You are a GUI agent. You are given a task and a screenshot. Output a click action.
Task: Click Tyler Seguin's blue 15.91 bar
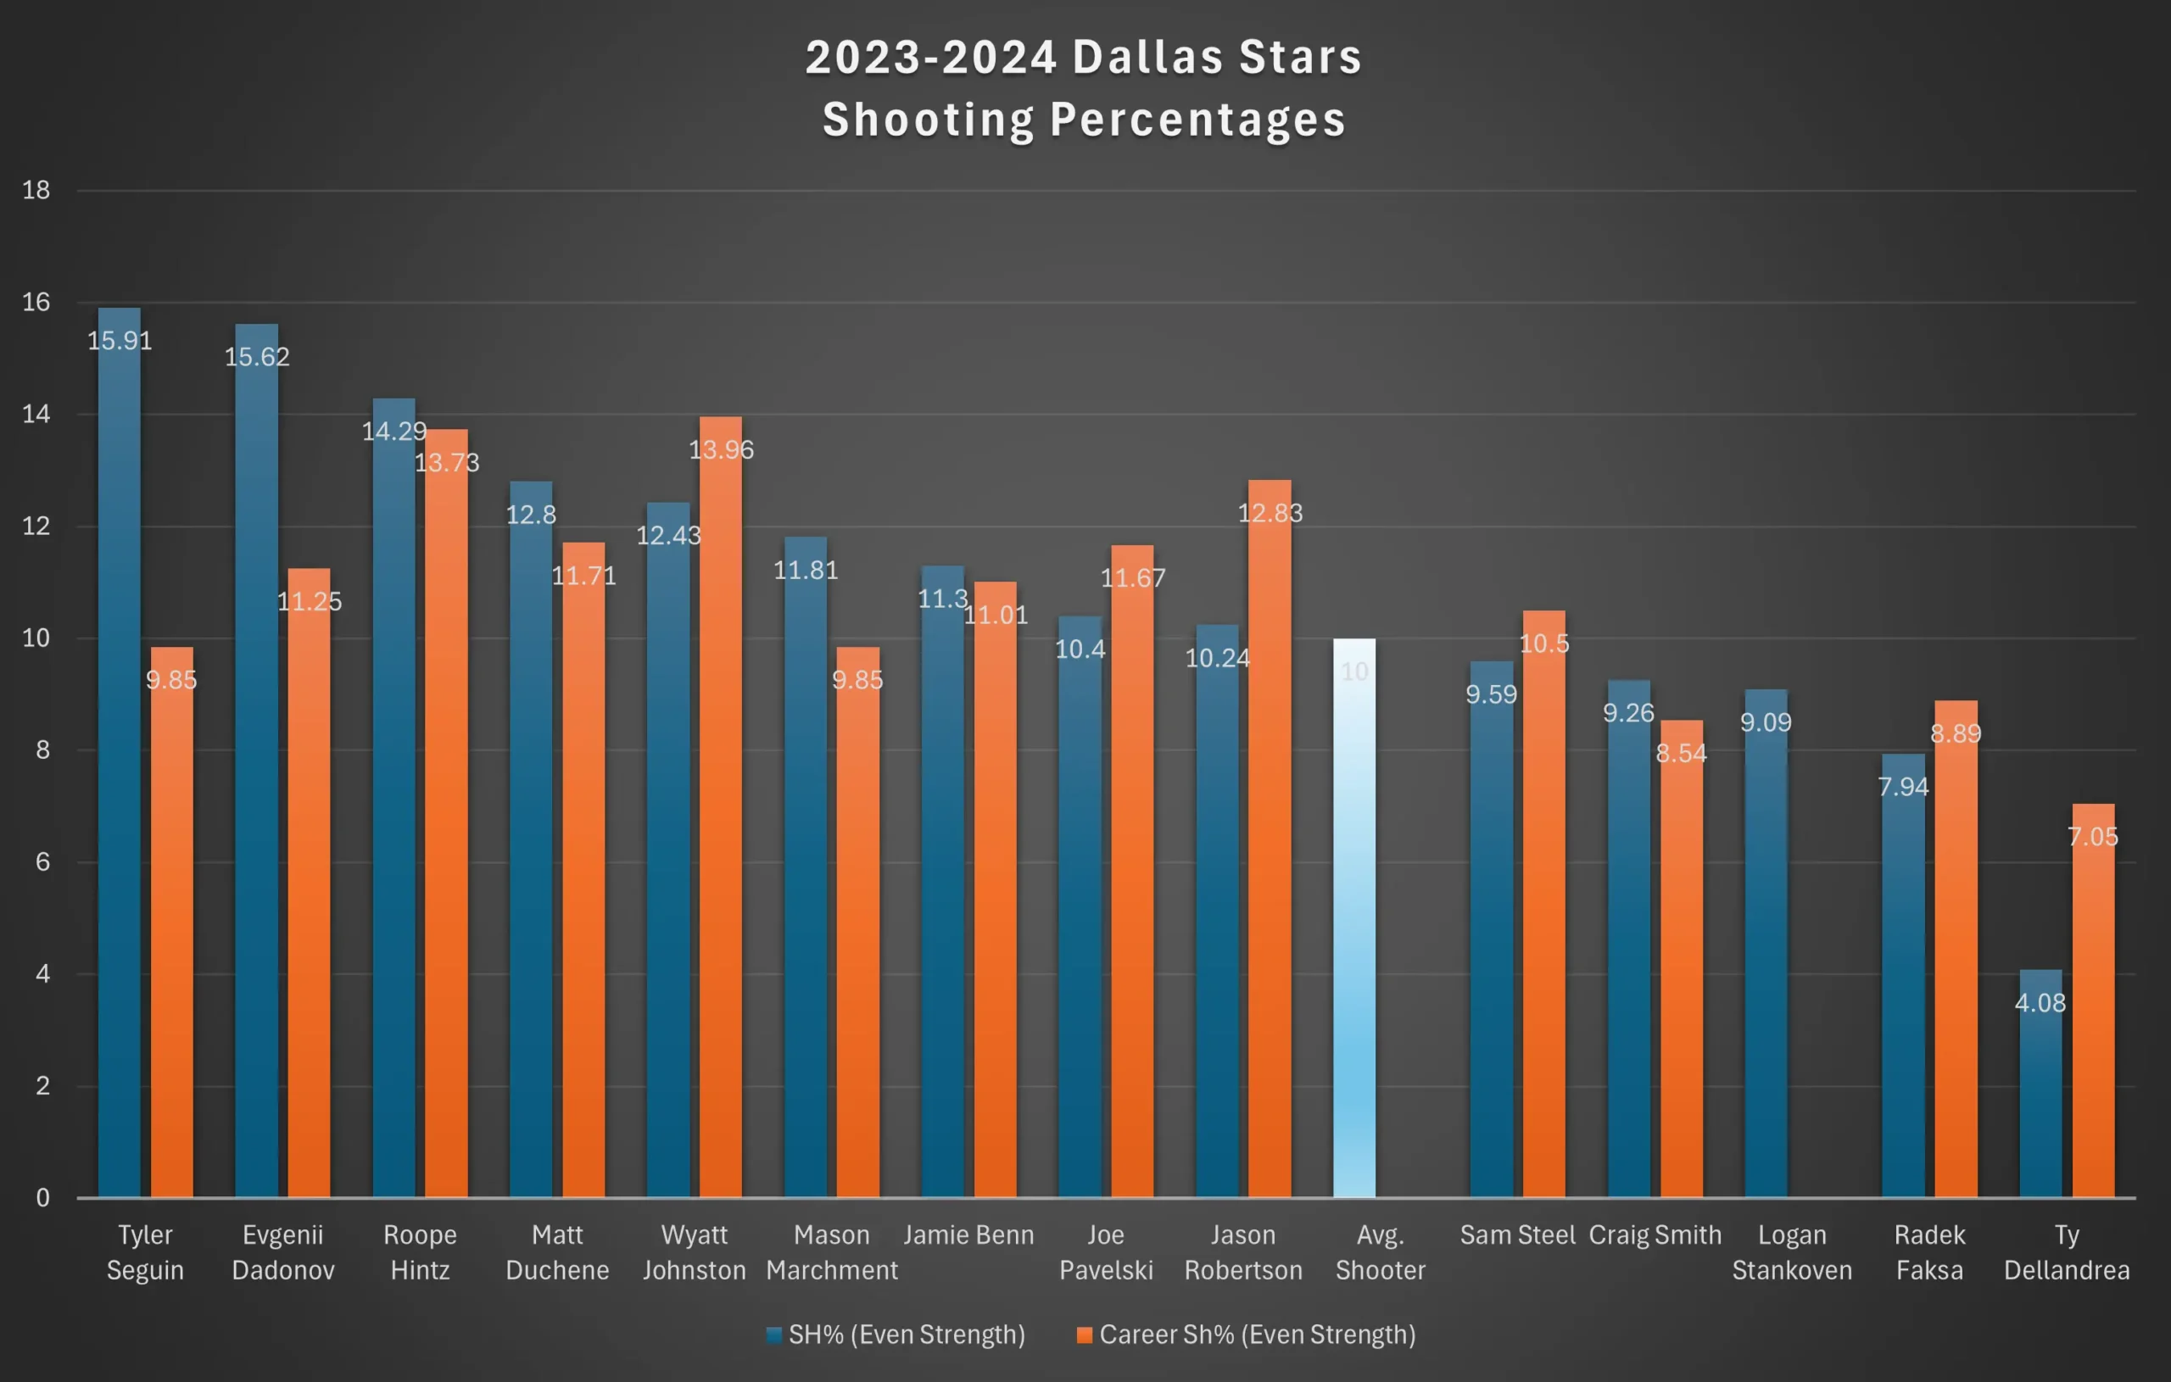119,757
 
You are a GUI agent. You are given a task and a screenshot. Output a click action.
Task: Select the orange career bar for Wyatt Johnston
720,811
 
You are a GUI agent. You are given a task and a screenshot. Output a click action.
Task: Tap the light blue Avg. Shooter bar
1354,920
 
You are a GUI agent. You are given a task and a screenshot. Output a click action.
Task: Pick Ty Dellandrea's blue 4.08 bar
2040,1091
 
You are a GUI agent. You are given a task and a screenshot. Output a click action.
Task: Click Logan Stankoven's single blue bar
1766,946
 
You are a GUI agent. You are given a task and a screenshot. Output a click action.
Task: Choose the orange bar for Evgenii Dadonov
310,883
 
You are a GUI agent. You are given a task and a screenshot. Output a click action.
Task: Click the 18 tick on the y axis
36,190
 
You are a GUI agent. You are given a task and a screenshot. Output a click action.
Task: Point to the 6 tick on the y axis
42,861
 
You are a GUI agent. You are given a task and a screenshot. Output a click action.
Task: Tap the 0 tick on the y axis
42,1198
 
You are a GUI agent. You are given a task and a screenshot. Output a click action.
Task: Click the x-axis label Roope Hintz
420,1252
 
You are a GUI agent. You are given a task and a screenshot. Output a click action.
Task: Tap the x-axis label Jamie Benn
968,1235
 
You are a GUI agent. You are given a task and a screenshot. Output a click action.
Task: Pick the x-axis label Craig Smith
1655,1235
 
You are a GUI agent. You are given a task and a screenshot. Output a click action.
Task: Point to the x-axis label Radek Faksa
1929,1252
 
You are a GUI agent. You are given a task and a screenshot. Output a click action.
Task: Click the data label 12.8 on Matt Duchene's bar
531,515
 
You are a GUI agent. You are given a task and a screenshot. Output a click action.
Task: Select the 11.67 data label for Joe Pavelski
1132,578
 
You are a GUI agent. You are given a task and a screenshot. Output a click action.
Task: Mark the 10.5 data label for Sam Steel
1543,644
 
